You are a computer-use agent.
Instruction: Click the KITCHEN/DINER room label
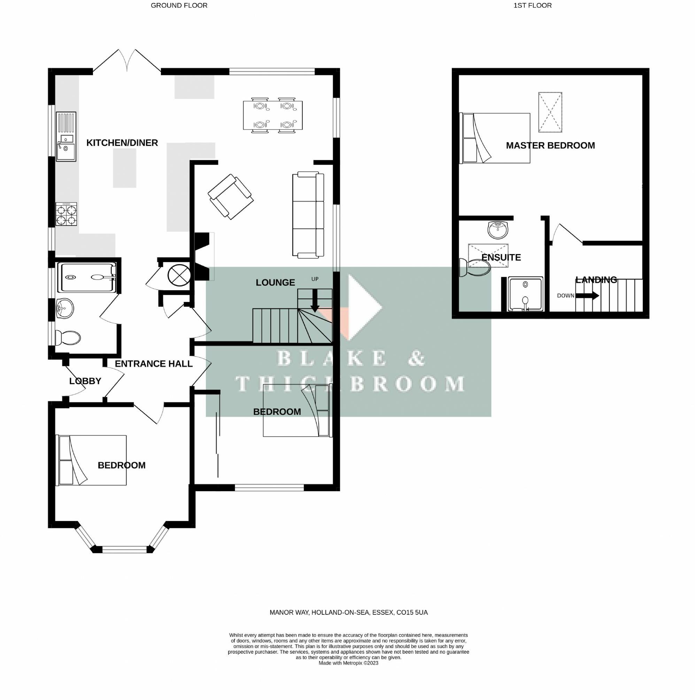pyautogui.click(x=122, y=143)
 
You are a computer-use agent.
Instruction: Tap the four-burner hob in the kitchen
pyautogui.click(x=66, y=214)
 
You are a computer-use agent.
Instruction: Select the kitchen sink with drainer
pyautogui.click(x=66, y=136)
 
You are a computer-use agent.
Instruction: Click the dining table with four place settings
pyautogui.click(x=273, y=115)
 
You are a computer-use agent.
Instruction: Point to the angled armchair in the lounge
pyautogui.click(x=231, y=197)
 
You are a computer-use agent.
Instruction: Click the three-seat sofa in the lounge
pyautogui.click(x=308, y=215)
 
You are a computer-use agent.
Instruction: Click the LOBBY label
pyautogui.click(x=85, y=381)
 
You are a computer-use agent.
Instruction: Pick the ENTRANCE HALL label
pyautogui.click(x=154, y=364)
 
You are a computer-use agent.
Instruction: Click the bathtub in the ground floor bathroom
pyautogui.click(x=88, y=277)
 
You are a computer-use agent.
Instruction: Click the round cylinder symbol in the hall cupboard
pyautogui.click(x=179, y=275)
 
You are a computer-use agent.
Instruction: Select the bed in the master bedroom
pyautogui.click(x=495, y=138)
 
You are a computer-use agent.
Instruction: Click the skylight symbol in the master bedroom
pyautogui.click(x=550, y=112)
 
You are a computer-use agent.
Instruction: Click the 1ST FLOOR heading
pyautogui.click(x=532, y=6)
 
